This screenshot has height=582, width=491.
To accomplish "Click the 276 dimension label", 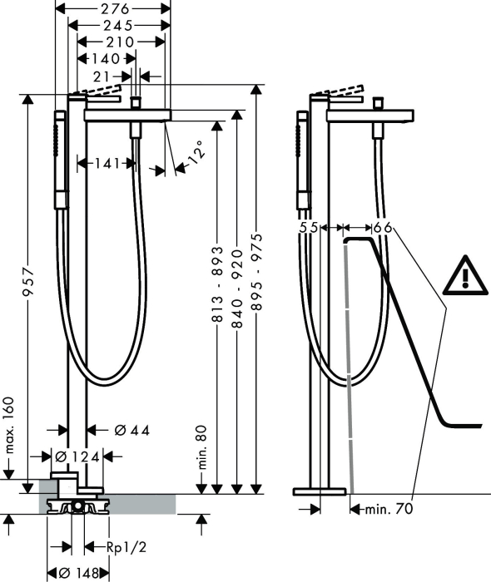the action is click(115, 8).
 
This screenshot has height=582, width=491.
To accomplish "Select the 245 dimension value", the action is click(118, 25).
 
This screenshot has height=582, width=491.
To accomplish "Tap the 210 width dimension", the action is click(120, 42).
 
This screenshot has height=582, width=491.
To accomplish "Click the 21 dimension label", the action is click(102, 76).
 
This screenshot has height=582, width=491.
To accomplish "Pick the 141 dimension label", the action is click(107, 163).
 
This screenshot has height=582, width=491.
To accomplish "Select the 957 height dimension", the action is click(28, 282).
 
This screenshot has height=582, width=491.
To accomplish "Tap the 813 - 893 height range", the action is click(217, 284).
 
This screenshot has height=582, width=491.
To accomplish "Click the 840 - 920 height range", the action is click(237, 289).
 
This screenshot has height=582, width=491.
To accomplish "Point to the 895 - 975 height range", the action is click(256, 272).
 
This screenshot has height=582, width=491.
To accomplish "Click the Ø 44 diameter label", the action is click(131, 430).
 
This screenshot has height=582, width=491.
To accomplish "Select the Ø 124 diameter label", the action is click(77, 457).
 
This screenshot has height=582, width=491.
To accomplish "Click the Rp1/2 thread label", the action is click(126, 547).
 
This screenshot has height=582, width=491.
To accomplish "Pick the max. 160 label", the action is click(10, 426).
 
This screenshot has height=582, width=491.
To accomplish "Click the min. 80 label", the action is click(201, 448).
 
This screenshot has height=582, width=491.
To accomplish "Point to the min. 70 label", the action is click(389, 509).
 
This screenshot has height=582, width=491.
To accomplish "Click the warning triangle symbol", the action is click(465, 275).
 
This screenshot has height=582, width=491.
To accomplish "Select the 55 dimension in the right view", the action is click(309, 227).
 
